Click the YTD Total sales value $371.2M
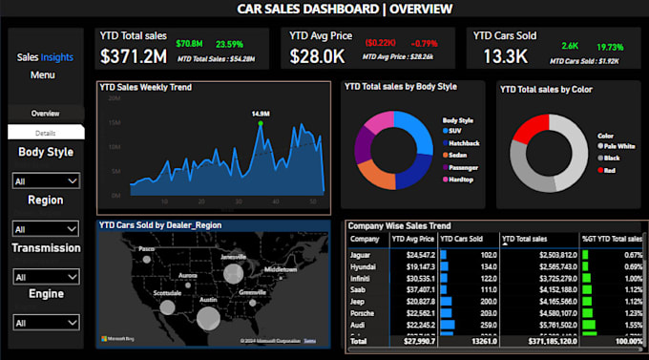click(133, 55)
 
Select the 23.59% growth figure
click(229, 44)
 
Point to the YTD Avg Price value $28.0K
click(318, 55)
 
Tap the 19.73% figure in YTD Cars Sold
click(611, 46)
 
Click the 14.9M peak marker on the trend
click(261, 122)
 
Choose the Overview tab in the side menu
click(45, 113)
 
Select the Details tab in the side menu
click(45, 133)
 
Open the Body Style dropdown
click(45, 180)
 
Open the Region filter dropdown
click(45, 229)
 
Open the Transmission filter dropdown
click(45, 277)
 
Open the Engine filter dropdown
click(45, 324)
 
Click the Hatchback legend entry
click(463, 142)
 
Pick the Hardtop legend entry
click(461, 179)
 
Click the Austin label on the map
click(206, 300)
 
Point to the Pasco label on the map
click(146, 248)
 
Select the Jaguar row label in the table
click(363, 255)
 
